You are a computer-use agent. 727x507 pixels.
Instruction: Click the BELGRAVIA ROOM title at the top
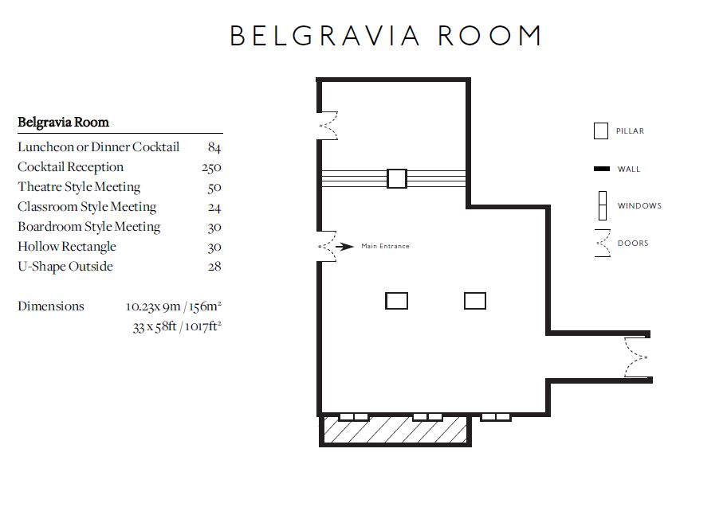click(x=386, y=36)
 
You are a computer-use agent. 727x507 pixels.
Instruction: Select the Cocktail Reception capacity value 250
click(x=211, y=167)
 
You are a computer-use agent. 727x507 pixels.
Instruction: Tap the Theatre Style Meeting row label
click(x=79, y=187)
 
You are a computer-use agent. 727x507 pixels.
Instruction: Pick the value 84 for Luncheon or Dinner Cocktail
click(x=214, y=147)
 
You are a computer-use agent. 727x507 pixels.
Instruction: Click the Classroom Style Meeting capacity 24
click(x=214, y=207)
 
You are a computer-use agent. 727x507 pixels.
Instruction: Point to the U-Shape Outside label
click(x=65, y=267)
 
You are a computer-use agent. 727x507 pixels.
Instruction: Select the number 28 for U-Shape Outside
click(x=214, y=267)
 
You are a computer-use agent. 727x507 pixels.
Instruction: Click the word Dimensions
click(x=51, y=306)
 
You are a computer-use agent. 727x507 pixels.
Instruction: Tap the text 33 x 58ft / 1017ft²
click(x=176, y=326)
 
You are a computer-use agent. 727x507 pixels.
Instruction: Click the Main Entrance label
click(x=385, y=247)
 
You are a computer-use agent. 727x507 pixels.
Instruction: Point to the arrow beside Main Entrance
click(x=344, y=247)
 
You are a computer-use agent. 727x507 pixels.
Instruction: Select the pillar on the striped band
click(x=396, y=178)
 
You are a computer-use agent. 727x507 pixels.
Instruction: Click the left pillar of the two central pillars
click(x=396, y=301)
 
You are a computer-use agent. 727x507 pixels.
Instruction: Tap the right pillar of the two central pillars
click(x=475, y=301)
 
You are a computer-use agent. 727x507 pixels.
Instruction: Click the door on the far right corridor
click(x=636, y=357)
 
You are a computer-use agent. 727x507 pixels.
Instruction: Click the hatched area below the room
click(x=395, y=431)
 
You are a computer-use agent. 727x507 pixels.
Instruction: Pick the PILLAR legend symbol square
click(x=601, y=131)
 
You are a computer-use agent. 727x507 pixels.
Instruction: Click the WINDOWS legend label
click(x=639, y=206)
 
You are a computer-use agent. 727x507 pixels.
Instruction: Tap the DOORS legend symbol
click(x=602, y=244)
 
